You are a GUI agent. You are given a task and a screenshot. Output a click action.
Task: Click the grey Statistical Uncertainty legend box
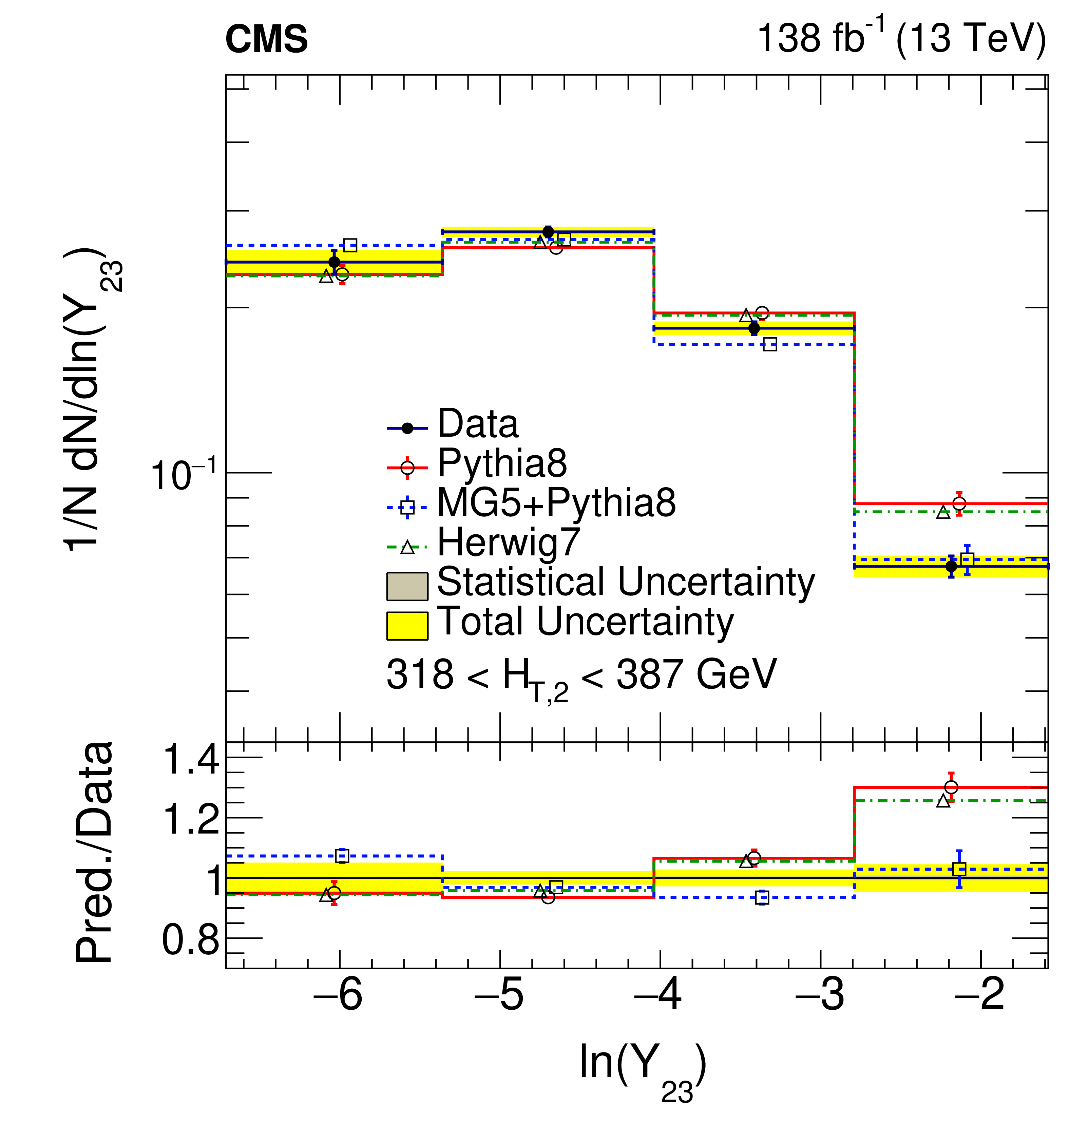click(407, 586)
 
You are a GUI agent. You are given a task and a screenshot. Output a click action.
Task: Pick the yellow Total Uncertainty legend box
click(407, 626)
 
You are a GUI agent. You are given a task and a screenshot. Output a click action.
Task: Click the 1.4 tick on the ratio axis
click(191, 759)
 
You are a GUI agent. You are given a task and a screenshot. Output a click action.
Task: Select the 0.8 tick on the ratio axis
click(191, 940)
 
